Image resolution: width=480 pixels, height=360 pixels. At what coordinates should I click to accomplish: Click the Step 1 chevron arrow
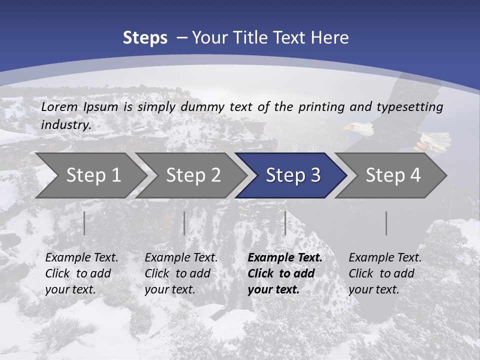pyautogui.click(x=90, y=175)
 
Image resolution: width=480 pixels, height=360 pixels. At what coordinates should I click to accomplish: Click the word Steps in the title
pyautogui.click(x=145, y=37)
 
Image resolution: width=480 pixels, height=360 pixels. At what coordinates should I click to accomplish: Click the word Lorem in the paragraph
pyautogui.click(x=59, y=106)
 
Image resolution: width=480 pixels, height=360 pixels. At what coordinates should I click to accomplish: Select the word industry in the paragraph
pyautogui.click(x=65, y=124)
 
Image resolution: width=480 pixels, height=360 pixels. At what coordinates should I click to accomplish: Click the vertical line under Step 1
pyautogui.click(x=84, y=223)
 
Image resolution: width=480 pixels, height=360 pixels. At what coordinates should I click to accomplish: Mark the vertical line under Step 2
pyautogui.click(x=184, y=223)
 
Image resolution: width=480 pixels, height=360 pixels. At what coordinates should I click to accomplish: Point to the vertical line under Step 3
pyautogui.click(x=285, y=223)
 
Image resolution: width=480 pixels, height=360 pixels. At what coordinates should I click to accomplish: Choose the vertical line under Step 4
pyautogui.click(x=386, y=223)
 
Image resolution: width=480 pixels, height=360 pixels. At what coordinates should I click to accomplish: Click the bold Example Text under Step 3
pyautogui.click(x=285, y=258)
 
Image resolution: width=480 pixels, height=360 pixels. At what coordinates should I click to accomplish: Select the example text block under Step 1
pyautogui.click(x=81, y=273)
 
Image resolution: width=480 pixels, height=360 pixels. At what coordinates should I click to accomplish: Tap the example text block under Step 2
pyautogui.click(x=181, y=273)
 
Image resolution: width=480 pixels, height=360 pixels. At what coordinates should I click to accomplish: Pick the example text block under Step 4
pyautogui.click(x=385, y=273)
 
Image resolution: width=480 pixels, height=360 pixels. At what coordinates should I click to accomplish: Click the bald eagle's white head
pyautogui.click(x=359, y=129)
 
